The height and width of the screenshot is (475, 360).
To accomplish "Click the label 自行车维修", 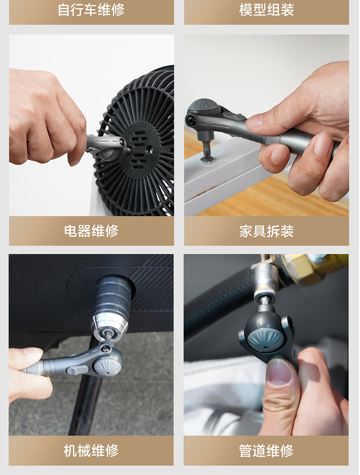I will [x=91, y=10].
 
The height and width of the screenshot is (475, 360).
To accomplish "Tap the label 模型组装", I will [x=267, y=10].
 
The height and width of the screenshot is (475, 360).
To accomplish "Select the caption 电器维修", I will [x=91, y=231].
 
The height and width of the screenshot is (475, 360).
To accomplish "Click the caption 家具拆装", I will [x=267, y=231].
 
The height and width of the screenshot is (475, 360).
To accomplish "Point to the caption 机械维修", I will [x=91, y=450].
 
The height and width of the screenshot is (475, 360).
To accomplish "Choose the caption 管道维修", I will [x=267, y=450].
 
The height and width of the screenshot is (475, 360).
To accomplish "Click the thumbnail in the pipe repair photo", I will [x=279, y=371].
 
